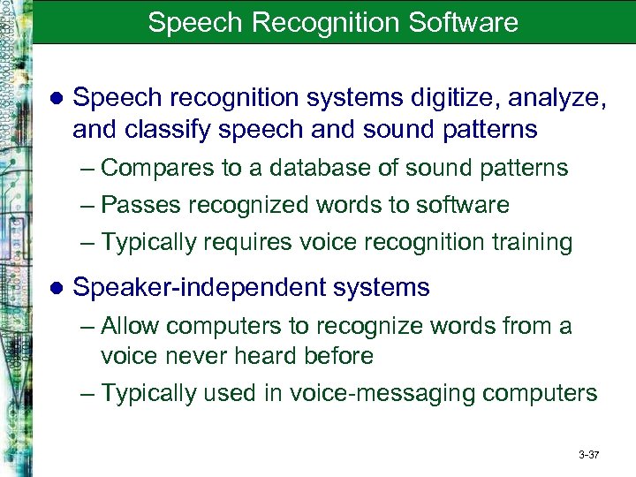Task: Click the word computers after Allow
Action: point(222,327)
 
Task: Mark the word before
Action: point(337,356)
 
